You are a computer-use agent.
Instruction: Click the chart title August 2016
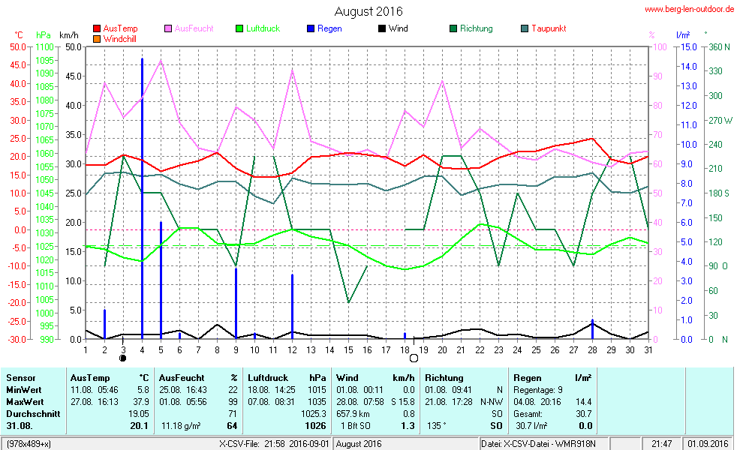click(x=368, y=11)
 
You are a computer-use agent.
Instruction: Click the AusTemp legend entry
click(x=120, y=28)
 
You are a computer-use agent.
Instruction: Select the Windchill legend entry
click(x=119, y=38)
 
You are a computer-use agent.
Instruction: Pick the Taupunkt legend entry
click(x=548, y=28)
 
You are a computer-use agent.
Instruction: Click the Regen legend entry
click(x=329, y=28)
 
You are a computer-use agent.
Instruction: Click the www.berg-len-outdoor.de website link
click(x=690, y=9)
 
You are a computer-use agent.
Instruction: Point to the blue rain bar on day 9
click(x=236, y=303)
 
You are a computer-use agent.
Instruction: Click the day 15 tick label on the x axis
click(x=348, y=349)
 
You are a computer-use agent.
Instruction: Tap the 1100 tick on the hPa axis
click(x=44, y=46)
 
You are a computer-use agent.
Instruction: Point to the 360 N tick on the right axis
click(x=718, y=46)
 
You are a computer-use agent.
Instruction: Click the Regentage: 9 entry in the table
click(x=538, y=389)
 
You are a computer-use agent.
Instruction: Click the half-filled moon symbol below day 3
click(x=123, y=358)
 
